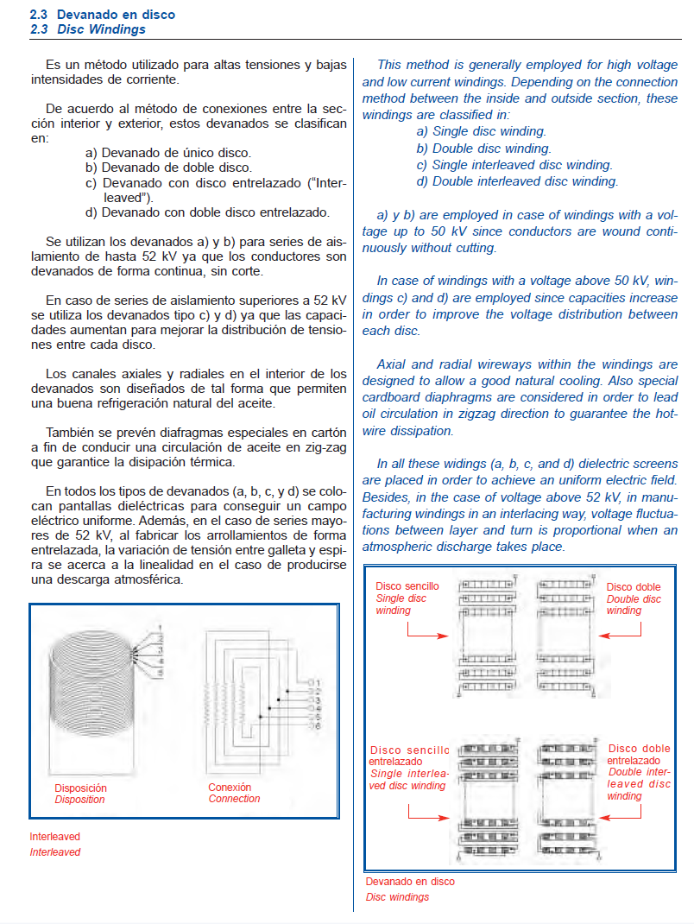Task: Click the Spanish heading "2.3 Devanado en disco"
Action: pyautogui.click(x=102, y=15)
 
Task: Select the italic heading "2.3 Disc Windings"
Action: pyautogui.click(x=87, y=29)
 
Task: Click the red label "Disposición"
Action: pyautogui.click(x=80, y=788)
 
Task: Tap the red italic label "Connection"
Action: pyautogui.click(x=234, y=799)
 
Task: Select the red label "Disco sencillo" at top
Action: pyautogui.click(x=407, y=586)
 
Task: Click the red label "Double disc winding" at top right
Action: pyautogui.click(x=633, y=604)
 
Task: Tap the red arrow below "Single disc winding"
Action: pyautogui.click(x=427, y=635)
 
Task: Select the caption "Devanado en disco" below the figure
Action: pyautogui.click(x=409, y=882)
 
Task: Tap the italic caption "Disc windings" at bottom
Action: pyautogui.click(x=397, y=897)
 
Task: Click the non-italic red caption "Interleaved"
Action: pyautogui.click(x=54, y=837)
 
